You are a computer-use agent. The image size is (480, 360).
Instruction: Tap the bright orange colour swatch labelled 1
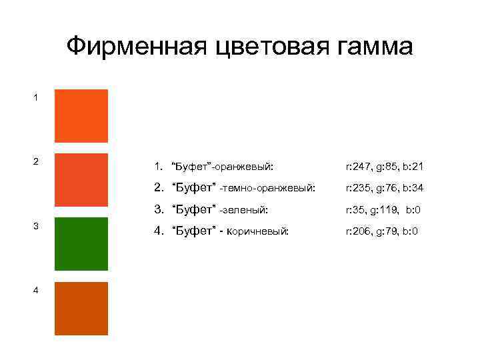coord(81,115)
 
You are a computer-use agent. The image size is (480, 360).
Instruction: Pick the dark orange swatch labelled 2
coord(81,179)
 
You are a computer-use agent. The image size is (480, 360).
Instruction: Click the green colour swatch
coord(81,243)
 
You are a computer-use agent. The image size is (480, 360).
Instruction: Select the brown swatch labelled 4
coord(81,308)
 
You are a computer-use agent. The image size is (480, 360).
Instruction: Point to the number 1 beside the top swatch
coord(36,97)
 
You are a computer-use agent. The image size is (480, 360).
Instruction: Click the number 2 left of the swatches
coord(36,161)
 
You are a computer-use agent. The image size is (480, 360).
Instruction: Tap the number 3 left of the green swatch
coord(36,226)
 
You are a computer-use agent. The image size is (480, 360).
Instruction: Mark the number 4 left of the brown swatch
coord(36,290)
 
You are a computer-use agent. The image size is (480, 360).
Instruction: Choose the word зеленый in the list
coord(246,210)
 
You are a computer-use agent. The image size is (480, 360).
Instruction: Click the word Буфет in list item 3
coord(193,209)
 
